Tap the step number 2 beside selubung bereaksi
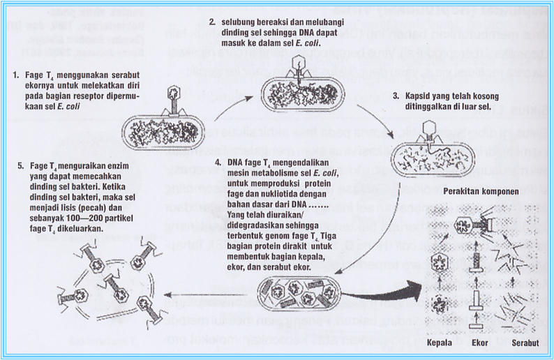click(x=212, y=23)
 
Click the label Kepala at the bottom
click(x=440, y=345)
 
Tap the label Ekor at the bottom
click(x=479, y=345)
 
